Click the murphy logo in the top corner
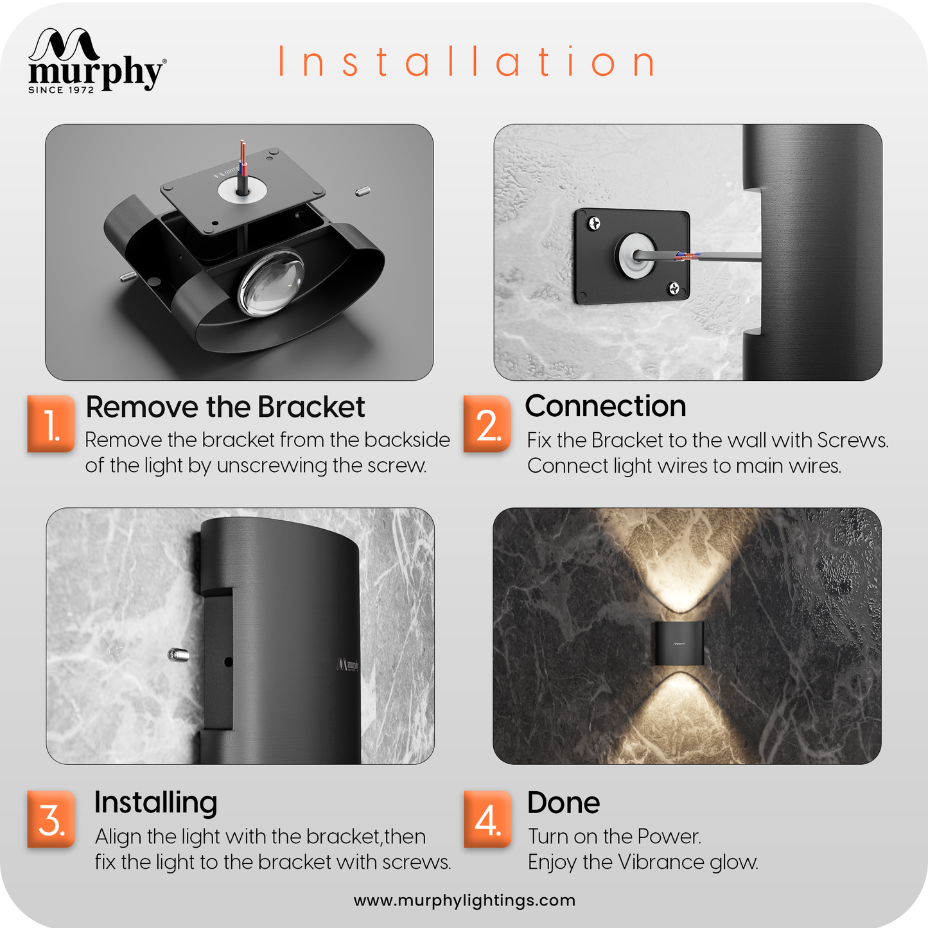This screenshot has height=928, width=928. click(x=97, y=60)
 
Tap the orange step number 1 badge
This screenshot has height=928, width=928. click(x=51, y=424)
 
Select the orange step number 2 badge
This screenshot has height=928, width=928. click(x=487, y=424)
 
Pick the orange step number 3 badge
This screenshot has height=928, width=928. click(x=51, y=819)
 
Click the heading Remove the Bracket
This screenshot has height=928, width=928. click(x=225, y=407)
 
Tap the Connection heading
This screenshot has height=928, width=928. click(x=606, y=406)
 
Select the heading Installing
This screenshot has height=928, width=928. click(x=155, y=803)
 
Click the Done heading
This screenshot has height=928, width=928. click(x=563, y=803)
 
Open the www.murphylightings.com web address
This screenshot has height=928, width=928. click(x=464, y=900)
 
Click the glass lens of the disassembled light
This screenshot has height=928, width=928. click(x=272, y=283)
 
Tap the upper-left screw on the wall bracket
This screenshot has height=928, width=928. click(x=595, y=223)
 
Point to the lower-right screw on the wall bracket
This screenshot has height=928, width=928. click(x=674, y=288)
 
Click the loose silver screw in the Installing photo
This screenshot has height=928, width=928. click(x=178, y=654)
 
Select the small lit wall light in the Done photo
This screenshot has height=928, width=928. click(x=678, y=643)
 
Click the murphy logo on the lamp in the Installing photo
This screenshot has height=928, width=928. click(x=347, y=665)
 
